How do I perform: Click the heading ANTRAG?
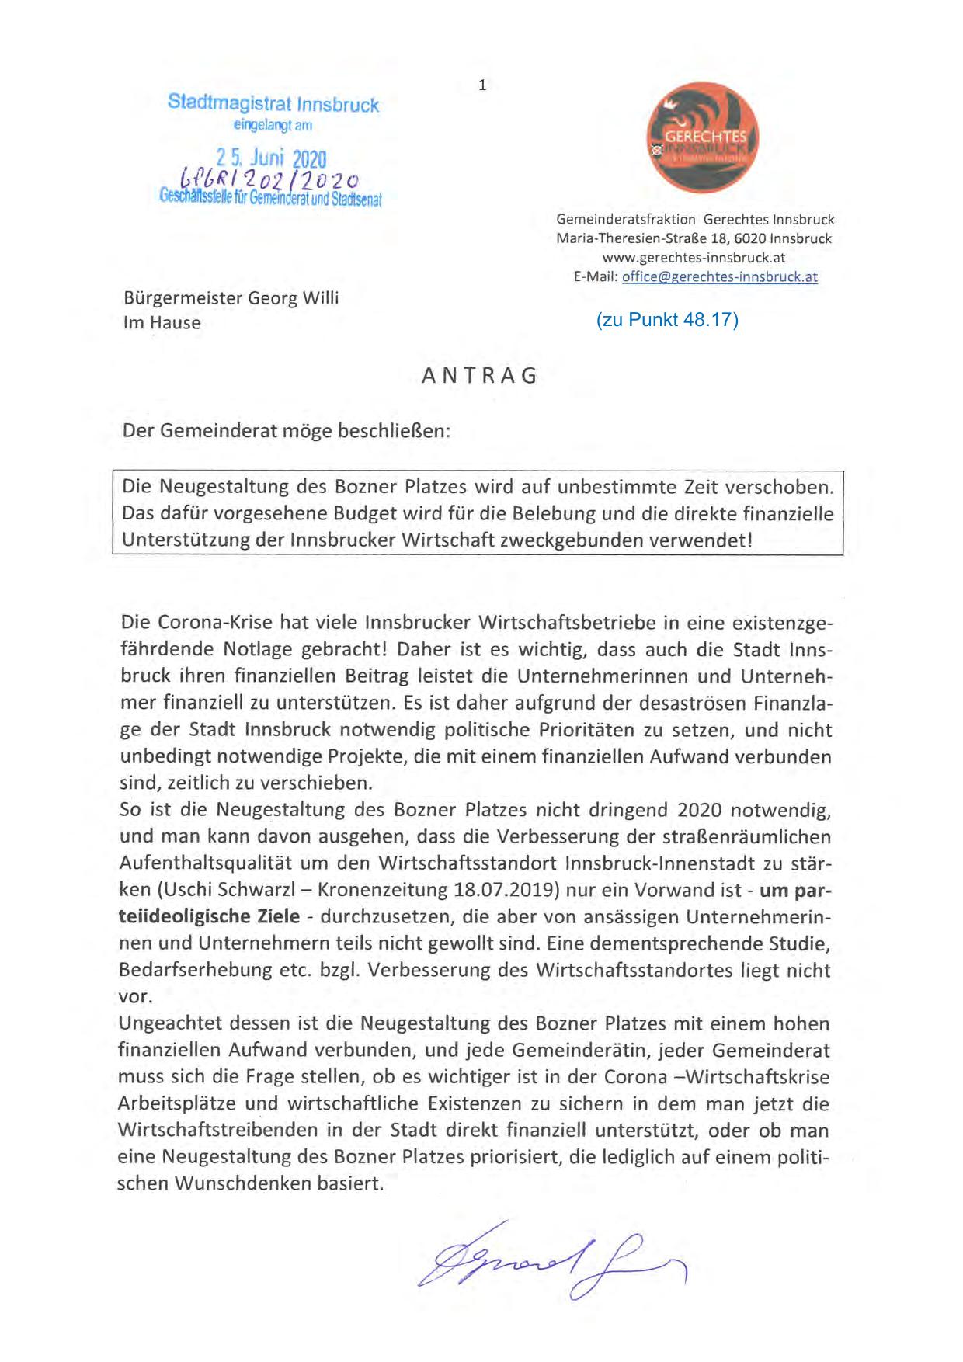click(x=479, y=376)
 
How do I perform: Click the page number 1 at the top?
click(x=482, y=85)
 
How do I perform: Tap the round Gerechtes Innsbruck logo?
click(x=703, y=137)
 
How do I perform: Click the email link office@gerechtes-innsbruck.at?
click(x=719, y=276)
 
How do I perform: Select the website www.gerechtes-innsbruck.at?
click(x=694, y=258)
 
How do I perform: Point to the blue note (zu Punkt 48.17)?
click(x=667, y=319)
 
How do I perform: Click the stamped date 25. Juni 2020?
click(x=271, y=159)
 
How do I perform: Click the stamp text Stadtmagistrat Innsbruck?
click(x=273, y=103)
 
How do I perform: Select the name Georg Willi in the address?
click(x=294, y=298)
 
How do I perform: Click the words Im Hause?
click(x=162, y=323)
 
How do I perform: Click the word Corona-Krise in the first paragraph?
click(x=214, y=623)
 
